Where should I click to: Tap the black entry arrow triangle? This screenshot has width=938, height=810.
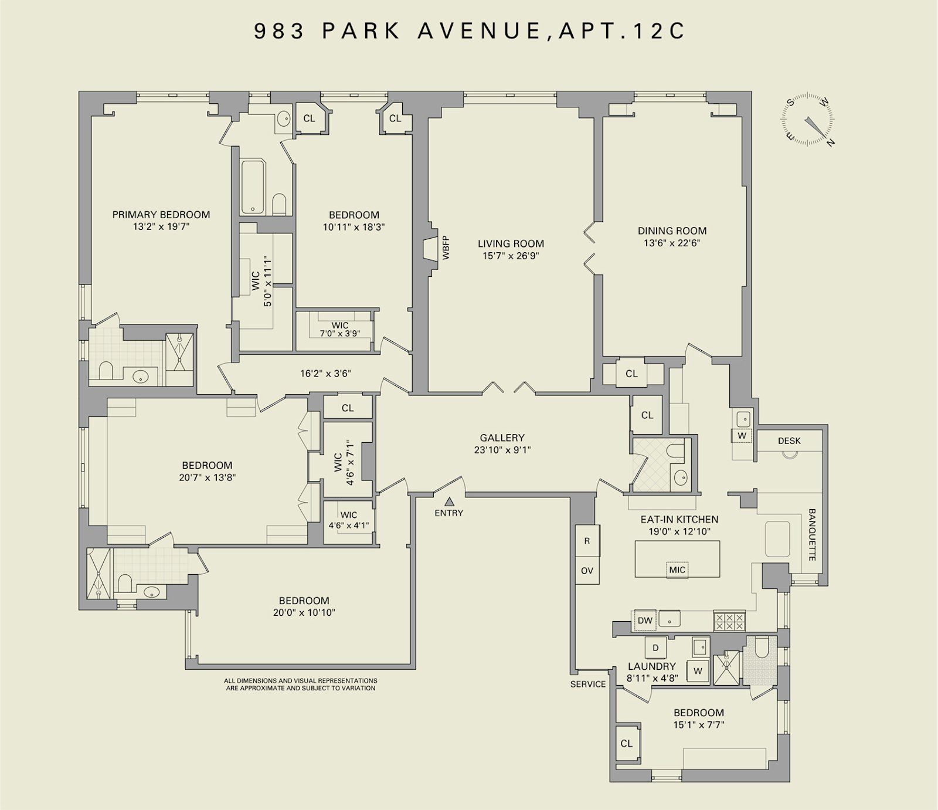click(450, 501)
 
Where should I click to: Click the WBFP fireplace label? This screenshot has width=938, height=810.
click(446, 248)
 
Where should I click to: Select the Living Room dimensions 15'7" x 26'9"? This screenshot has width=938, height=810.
click(511, 256)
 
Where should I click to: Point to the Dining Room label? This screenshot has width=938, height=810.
click(672, 231)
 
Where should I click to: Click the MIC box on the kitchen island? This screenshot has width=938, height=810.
click(677, 570)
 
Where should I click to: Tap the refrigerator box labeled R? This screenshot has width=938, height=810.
click(587, 541)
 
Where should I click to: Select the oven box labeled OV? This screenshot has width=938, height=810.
click(587, 571)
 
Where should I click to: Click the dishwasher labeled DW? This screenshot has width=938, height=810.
click(645, 621)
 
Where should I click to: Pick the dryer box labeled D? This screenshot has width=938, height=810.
click(655, 648)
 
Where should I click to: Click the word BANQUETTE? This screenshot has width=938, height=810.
click(812, 534)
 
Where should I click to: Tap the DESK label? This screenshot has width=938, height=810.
click(789, 440)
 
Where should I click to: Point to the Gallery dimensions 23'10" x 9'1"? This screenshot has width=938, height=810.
click(502, 450)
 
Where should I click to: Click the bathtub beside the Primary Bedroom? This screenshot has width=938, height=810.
click(253, 187)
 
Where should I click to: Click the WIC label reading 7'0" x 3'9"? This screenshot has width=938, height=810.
click(340, 330)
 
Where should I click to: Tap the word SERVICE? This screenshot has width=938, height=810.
click(588, 684)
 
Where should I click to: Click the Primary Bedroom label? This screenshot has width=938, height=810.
click(161, 215)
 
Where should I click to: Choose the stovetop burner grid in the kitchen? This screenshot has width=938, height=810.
click(729, 621)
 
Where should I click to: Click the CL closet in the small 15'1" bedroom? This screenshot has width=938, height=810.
click(627, 743)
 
